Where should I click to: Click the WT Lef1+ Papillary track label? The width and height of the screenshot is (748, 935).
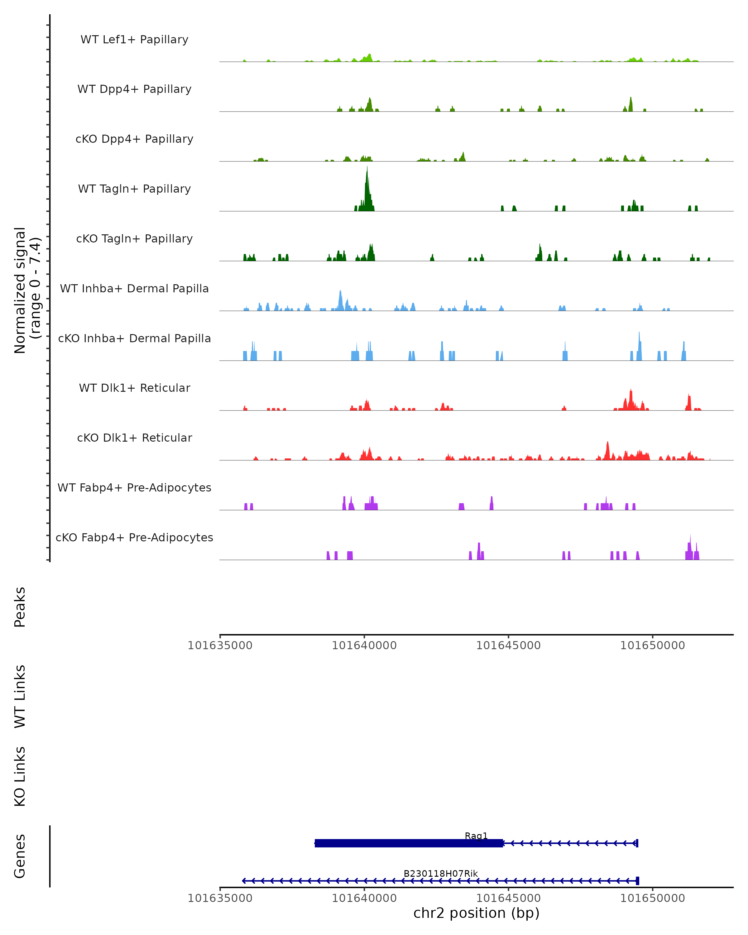(134, 40)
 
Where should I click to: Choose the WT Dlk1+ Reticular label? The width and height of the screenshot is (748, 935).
(134, 388)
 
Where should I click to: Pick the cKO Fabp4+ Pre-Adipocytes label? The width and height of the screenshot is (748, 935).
(134, 537)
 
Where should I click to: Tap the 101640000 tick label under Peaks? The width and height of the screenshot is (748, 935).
(364, 645)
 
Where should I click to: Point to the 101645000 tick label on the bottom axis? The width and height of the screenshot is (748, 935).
(508, 898)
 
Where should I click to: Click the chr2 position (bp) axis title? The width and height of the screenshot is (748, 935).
(476, 913)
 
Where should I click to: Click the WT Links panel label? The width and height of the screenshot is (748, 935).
(20, 696)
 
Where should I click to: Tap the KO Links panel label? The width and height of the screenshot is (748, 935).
(20, 776)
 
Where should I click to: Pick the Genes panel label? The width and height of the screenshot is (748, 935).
(20, 856)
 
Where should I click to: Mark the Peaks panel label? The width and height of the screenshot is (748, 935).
(20, 607)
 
